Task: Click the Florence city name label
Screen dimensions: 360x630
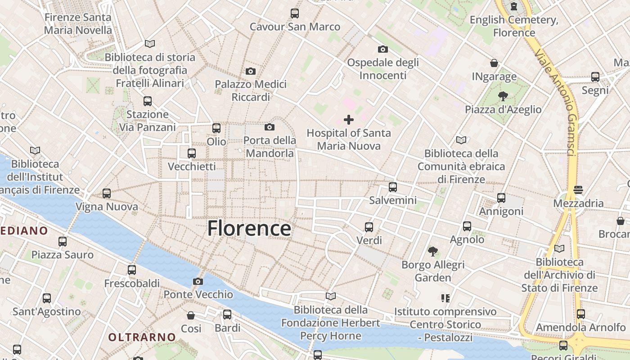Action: pos(249,229)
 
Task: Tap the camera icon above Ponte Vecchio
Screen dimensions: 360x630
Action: pos(198,282)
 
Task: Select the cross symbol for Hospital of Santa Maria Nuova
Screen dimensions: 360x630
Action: pos(348,120)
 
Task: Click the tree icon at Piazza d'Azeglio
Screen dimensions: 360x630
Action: pos(503,96)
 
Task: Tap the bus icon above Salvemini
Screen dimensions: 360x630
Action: pos(393,187)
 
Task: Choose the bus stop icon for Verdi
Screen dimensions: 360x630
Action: pos(369,227)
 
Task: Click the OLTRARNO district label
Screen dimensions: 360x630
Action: pos(142,337)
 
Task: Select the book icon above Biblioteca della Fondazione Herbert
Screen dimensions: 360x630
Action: pos(331,297)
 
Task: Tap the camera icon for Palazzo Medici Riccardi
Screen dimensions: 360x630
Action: pos(251,71)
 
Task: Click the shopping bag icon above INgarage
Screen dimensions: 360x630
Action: pos(494,63)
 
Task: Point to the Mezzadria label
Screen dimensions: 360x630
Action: pos(578,203)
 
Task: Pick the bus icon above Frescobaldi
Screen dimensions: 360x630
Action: pos(131,270)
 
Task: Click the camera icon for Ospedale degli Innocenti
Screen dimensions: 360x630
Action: pos(383,49)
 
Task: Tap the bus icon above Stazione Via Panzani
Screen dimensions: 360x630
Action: pos(148,101)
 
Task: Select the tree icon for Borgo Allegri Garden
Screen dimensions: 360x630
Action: pos(433,251)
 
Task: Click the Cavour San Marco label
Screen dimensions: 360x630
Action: pos(295,27)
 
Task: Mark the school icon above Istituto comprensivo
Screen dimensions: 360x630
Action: pos(445,298)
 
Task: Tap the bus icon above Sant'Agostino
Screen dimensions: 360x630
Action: pos(47,298)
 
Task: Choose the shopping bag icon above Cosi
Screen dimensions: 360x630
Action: pos(191,315)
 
